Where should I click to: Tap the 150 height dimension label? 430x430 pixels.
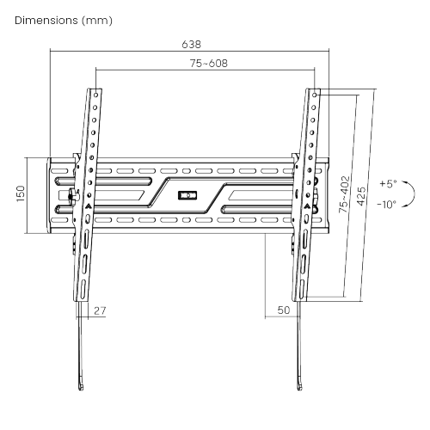(21, 194)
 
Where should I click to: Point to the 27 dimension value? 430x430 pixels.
(100, 310)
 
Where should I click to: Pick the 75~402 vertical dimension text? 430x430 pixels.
(343, 194)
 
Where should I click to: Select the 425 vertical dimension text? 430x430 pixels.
(363, 194)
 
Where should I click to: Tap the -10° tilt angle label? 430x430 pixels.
(386, 205)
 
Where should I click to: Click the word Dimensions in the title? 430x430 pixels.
(46, 19)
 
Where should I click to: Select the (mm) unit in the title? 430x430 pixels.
(96, 19)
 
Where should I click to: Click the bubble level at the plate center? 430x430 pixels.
(187, 194)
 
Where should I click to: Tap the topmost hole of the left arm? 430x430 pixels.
(95, 92)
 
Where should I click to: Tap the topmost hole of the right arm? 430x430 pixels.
(315, 92)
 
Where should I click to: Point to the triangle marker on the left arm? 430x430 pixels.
(88, 206)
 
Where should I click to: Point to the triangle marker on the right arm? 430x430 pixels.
(304, 206)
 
